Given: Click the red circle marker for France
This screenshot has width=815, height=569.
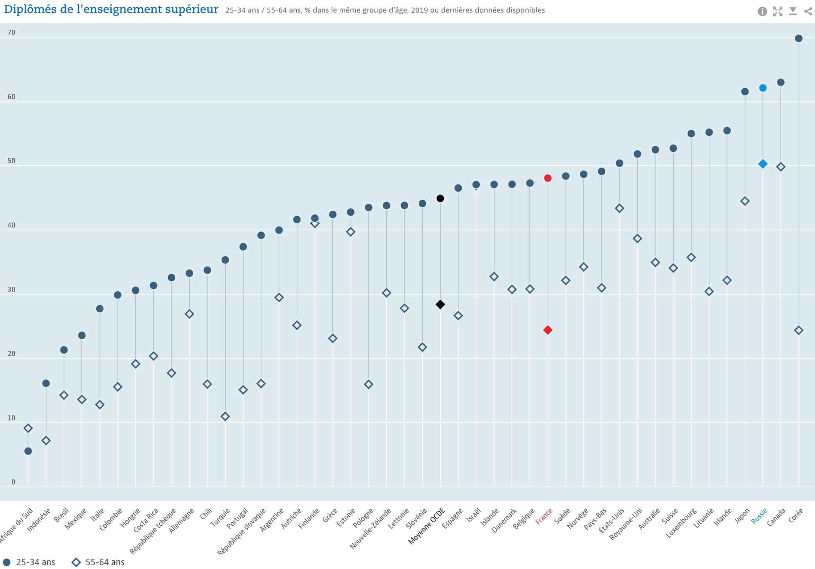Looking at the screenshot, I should tap(548, 178).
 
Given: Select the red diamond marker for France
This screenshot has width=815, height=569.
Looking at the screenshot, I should tap(548, 330).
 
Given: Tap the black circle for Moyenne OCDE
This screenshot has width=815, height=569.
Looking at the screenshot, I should tap(440, 198).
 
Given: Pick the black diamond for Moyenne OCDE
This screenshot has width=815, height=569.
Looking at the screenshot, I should tap(440, 305).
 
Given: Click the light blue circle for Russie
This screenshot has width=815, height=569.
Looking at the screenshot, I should tap(763, 88).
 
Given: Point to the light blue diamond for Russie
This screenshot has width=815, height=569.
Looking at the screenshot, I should tap(763, 164).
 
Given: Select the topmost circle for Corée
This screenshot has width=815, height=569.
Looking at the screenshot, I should tap(799, 39).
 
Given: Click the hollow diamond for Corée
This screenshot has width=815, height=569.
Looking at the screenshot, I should tap(799, 330).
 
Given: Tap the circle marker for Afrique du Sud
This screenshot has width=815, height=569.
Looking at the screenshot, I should tap(28, 451).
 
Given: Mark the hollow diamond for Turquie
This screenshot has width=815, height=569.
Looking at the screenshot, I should tap(225, 417).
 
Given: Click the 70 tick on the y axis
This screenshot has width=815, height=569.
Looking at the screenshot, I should tap(11, 33).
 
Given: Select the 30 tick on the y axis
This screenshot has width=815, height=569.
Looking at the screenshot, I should tap(11, 290).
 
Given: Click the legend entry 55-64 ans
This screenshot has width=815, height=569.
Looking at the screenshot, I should tap(98, 562).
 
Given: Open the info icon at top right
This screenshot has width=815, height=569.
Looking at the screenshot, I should tap(762, 11).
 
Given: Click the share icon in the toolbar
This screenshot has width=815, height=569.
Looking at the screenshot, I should tap(808, 11).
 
